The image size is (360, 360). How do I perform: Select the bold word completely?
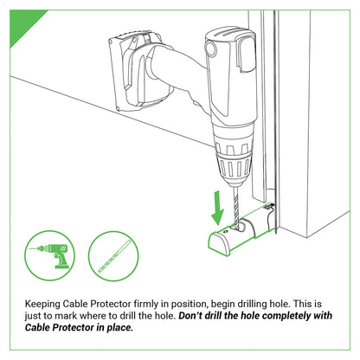coord(294,317)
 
